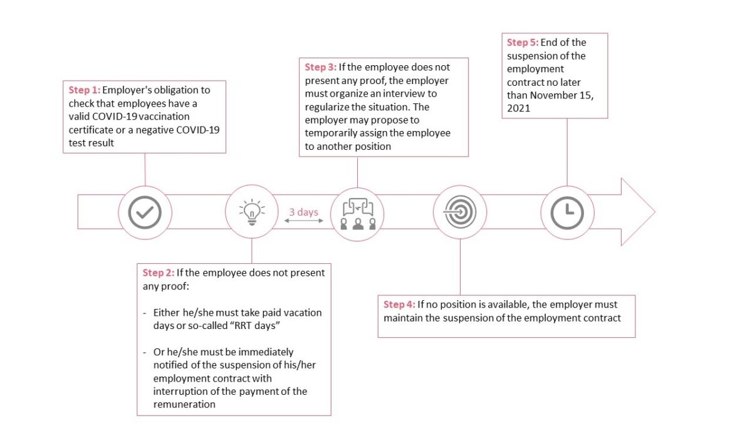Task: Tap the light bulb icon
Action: coord(251,212)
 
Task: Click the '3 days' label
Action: coord(303,212)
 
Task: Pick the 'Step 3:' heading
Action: coord(320,67)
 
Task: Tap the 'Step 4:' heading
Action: coord(399,305)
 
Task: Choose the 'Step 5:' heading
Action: coord(522,43)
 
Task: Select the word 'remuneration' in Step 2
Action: coord(184,404)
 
